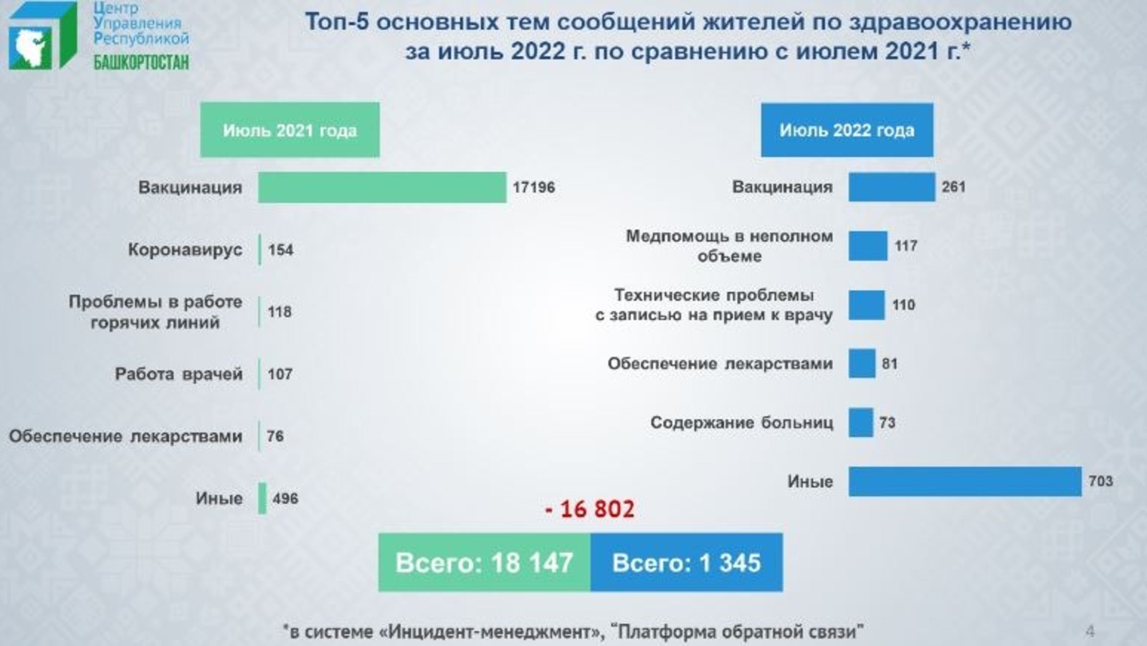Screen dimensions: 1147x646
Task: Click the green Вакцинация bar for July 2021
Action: tap(382, 187)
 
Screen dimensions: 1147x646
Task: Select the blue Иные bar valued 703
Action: tap(965, 481)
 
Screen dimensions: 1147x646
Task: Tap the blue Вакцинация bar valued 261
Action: tap(892, 187)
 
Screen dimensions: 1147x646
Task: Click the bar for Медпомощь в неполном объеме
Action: tap(868, 246)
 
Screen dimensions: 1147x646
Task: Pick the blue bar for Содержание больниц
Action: tap(861, 423)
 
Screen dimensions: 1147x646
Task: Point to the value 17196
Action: tap(534, 187)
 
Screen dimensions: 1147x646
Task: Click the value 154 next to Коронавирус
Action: tap(281, 250)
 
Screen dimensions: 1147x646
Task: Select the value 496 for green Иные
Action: tap(285, 498)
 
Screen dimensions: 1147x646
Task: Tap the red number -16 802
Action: tap(590, 509)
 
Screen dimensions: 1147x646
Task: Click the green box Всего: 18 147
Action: tap(485, 563)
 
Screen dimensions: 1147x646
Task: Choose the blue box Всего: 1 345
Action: tap(687, 563)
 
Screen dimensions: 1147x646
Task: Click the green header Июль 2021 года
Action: tap(290, 130)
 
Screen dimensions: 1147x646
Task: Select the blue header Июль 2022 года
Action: tap(847, 130)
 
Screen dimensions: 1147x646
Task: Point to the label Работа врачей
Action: tap(179, 375)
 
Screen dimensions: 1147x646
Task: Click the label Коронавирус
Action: tap(185, 250)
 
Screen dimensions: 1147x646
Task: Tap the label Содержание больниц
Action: tap(742, 423)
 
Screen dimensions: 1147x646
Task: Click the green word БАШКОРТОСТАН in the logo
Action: tap(141, 62)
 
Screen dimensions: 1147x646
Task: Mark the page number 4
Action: tap(1090, 632)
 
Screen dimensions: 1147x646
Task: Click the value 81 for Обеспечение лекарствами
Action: tap(890, 364)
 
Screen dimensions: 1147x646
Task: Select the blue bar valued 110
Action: tap(867, 305)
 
